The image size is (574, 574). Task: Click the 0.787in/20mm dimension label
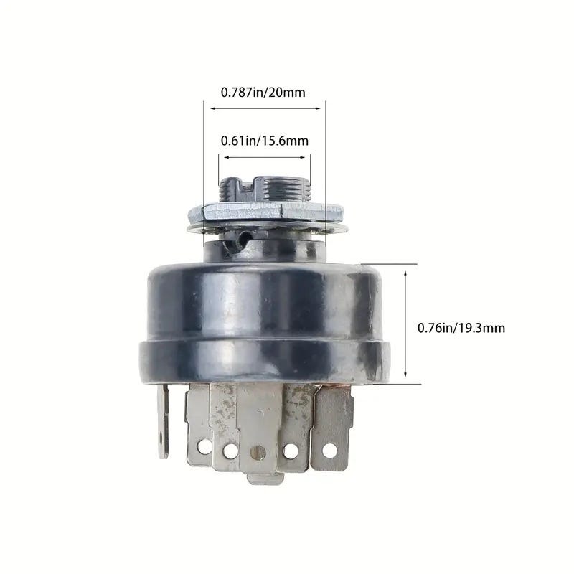[x=263, y=93]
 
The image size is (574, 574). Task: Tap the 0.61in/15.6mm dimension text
[x=265, y=141]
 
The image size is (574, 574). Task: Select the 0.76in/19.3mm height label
[x=461, y=328]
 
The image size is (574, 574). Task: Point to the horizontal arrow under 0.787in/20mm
[x=265, y=108]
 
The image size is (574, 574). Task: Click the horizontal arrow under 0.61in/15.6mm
[x=264, y=157]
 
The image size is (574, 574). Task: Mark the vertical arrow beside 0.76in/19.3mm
[x=405, y=324]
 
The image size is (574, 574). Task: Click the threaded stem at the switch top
[x=264, y=190]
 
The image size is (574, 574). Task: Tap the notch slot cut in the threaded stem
[x=247, y=186]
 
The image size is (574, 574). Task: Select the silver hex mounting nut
[x=266, y=212]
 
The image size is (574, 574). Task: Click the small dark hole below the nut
[x=242, y=240]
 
